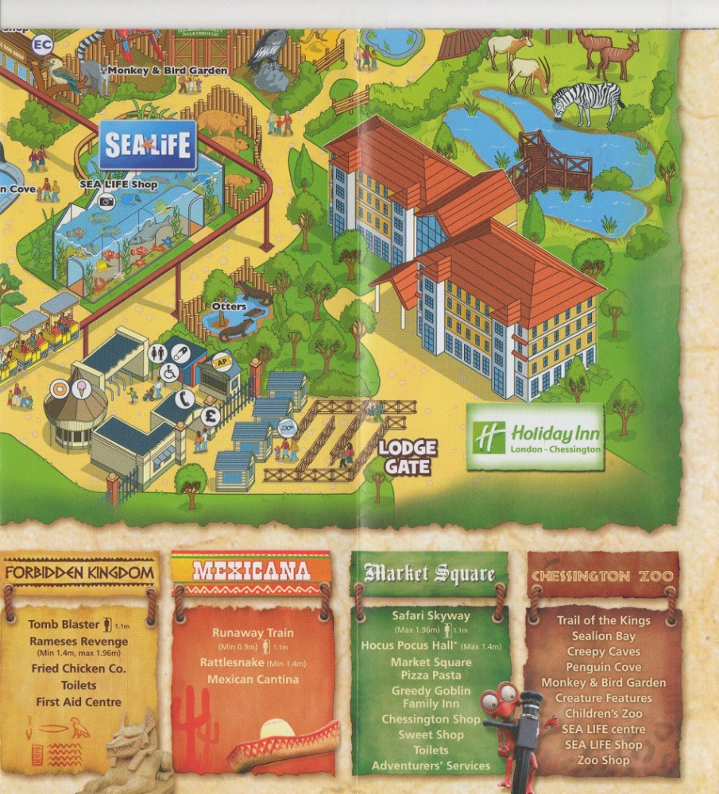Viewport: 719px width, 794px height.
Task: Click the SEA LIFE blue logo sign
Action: (148, 145)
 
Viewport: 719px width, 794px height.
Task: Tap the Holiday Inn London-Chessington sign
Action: (535, 437)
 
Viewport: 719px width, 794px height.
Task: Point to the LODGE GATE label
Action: (408, 457)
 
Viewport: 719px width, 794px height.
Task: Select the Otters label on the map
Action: (229, 305)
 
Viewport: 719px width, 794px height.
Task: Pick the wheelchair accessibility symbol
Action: (169, 372)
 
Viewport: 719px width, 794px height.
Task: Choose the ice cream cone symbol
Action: (82, 389)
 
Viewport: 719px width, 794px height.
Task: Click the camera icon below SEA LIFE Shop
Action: (106, 202)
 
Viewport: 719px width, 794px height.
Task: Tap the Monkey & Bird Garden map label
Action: (168, 71)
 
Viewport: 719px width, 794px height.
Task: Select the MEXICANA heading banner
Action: (251, 571)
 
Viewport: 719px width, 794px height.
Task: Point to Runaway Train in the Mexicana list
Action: (253, 633)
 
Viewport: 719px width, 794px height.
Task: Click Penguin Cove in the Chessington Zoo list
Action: (603, 667)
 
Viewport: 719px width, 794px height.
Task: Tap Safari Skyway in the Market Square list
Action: (431, 615)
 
